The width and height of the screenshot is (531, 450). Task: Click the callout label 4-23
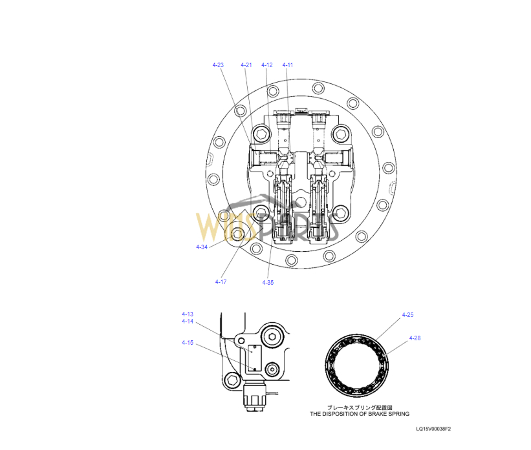coord(218,65)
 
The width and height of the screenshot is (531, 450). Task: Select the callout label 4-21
coord(246,65)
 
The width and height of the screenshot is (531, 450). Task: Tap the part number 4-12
coord(267,65)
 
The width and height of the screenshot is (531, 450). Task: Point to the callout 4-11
coord(288,65)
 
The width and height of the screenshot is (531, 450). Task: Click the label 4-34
coord(202,247)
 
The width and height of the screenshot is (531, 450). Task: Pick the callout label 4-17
coord(221,282)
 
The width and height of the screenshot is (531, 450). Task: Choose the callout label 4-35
coord(268,283)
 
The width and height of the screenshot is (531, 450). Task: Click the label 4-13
coord(188,314)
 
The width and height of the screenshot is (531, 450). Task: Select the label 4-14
coord(188,322)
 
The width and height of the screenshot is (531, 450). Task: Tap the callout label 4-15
coord(188,343)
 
